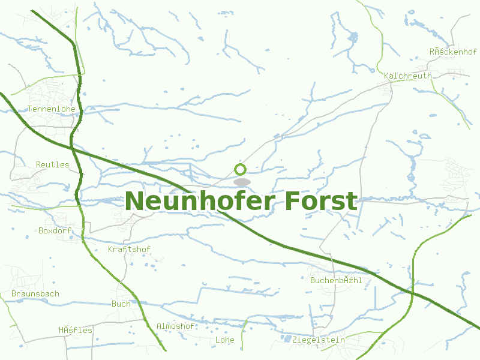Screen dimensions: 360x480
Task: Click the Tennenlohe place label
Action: [52, 109]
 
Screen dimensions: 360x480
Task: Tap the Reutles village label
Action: [53, 164]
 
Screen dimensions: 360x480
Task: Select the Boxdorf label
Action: [55, 230]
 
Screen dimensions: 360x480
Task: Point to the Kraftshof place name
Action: [129, 249]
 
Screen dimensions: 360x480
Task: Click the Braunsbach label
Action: [35, 294]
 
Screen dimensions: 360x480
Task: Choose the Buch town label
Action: [121, 304]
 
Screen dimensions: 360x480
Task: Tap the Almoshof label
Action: [175, 326]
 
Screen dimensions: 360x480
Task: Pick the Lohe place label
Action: [224, 340]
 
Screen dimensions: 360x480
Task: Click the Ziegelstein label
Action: [319, 340]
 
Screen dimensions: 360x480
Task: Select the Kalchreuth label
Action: [407, 76]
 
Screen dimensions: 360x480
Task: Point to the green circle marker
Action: [241, 169]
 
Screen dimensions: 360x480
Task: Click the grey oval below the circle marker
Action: [242, 181]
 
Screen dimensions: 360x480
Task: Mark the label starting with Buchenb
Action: [336, 280]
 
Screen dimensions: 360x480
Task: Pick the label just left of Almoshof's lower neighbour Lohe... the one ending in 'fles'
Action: [76, 330]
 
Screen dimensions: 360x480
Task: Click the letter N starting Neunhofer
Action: [136, 201]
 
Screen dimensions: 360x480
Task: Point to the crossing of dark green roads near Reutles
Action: [72, 146]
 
